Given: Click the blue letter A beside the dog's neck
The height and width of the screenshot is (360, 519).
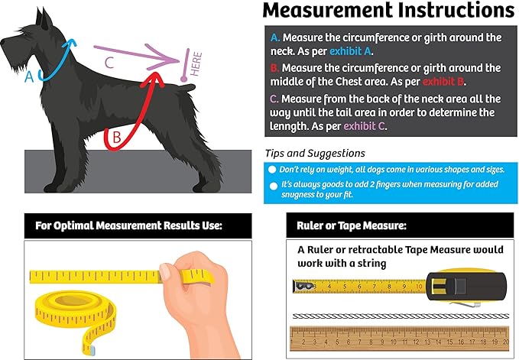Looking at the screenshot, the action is (x=29, y=76).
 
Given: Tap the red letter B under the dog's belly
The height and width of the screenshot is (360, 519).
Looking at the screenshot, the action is (x=116, y=137).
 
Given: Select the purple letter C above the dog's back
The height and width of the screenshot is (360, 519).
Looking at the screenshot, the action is (x=109, y=62).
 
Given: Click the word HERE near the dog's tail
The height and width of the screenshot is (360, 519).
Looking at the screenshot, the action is (x=196, y=64).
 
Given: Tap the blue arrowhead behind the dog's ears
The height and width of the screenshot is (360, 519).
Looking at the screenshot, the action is (x=70, y=43).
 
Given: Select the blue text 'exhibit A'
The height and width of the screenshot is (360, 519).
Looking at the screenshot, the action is (x=350, y=51).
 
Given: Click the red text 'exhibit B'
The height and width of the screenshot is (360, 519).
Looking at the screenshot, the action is (x=443, y=81).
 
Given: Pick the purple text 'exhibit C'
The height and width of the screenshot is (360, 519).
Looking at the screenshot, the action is (x=364, y=126).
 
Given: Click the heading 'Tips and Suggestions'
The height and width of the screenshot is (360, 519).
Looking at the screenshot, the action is (x=315, y=153).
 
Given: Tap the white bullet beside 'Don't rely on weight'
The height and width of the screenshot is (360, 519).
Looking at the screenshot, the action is (x=272, y=170).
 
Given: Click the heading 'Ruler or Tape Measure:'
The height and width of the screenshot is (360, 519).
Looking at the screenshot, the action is (x=352, y=225).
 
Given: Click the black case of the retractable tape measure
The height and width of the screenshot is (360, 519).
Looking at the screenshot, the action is (x=466, y=286).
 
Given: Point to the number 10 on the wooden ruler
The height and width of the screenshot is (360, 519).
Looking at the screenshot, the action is (x=393, y=342).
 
